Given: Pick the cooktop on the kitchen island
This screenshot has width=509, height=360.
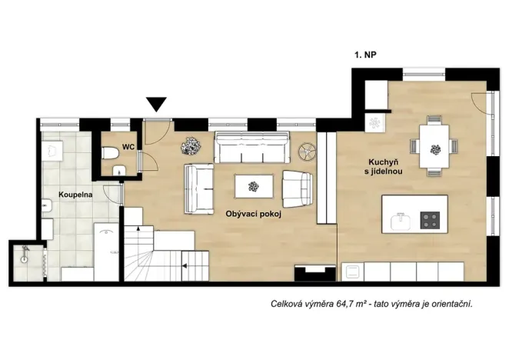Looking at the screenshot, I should point(431,222).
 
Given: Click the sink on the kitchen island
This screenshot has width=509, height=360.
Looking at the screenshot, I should point(401,222).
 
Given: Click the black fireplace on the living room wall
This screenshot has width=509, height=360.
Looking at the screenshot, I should point(312,272).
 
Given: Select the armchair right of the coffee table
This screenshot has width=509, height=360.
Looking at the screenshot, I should point(298,187).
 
